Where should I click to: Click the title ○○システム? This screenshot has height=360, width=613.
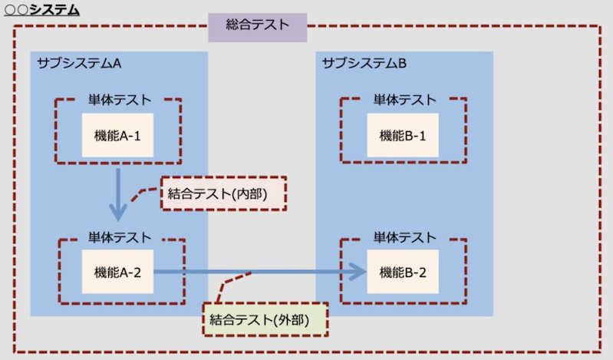(42, 11)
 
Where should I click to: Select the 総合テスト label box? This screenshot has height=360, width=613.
(258, 25)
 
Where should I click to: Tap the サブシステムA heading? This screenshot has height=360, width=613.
(80, 63)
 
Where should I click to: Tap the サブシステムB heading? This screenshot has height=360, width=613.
(364, 63)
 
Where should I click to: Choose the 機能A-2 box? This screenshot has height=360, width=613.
(117, 271)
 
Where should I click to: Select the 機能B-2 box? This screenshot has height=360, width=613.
(403, 271)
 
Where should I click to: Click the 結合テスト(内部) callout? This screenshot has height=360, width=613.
(223, 194)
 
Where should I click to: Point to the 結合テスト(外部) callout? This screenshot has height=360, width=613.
(264, 317)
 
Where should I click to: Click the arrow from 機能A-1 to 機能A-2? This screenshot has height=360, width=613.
(117, 193)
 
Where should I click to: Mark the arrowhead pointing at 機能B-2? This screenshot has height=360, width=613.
(356, 271)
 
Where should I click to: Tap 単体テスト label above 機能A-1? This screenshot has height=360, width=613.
(119, 100)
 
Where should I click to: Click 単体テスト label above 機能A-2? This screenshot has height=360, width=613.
(119, 238)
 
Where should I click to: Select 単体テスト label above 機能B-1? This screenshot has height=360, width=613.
(404, 100)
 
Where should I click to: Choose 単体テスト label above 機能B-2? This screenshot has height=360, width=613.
(404, 238)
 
